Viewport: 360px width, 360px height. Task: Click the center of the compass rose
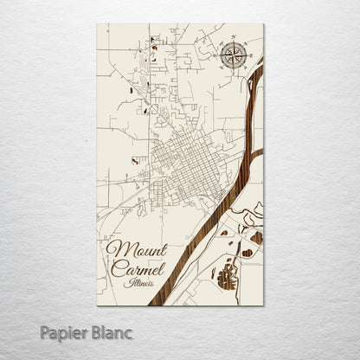[x=231, y=56]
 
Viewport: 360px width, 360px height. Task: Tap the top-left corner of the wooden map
[x=98, y=24]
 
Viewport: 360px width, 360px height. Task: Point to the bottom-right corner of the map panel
[x=263, y=305]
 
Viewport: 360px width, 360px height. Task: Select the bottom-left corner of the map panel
[x=98, y=305]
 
